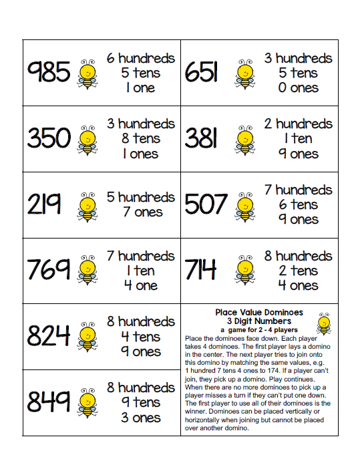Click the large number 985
pyautogui.click(x=49, y=73)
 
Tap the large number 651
pyautogui.click(x=201, y=73)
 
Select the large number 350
pyautogui.click(x=49, y=138)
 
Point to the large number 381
pyautogui.click(x=201, y=138)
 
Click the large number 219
pyautogui.click(x=44, y=204)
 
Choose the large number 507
pyautogui.click(x=206, y=204)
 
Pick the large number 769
pyautogui.click(x=49, y=270)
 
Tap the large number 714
pyautogui.click(x=200, y=270)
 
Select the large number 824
pyautogui.click(x=49, y=336)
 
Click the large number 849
pyautogui.click(x=49, y=402)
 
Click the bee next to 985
pyautogui.click(x=87, y=73)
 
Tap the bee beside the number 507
pyautogui.click(x=245, y=206)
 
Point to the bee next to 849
pyautogui.click(x=87, y=403)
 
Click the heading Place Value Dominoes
pyautogui.click(x=259, y=312)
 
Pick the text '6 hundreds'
pyautogui.click(x=141, y=58)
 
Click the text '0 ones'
pyautogui.click(x=295, y=88)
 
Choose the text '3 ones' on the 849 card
pyautogui.click(x=141, y=418)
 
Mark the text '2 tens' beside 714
pyautogui.click(x=295, y=271)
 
